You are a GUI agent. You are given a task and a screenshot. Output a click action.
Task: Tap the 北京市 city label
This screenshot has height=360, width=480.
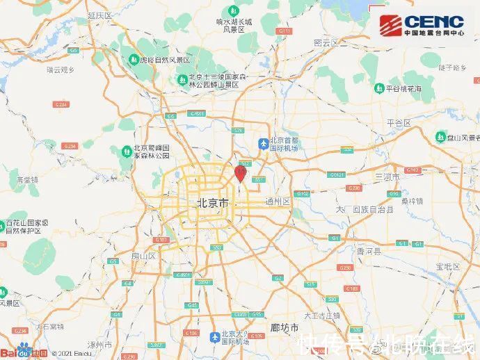pyautogui.click(x=212, y=203)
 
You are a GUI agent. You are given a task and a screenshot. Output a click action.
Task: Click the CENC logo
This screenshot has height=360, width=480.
pyautogui.click(x=424, y=26)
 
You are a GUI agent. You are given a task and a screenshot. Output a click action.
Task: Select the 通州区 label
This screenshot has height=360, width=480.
pyautogui.click(x=277, y=202)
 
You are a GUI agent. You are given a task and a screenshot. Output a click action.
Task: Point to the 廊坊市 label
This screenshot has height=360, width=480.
pyautogui.click(x=285, y=327)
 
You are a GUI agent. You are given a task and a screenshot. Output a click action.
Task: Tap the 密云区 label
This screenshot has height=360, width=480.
pyautogui.click(x=326, y=42)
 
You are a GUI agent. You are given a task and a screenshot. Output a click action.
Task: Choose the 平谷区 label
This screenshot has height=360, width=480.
pyautogui.click(x=399, y=122)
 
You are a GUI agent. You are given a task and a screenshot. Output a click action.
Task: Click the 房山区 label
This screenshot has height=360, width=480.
pyautogui.click(x=144, y=256)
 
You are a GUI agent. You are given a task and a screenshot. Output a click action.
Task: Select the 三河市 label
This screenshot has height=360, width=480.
pyautogui.click(x=387, y=177)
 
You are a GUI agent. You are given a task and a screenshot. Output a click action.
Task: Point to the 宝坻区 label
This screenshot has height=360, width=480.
pyautogui.click(x=446, y=266)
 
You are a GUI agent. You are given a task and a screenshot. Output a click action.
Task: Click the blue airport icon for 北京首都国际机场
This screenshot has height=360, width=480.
pyautogui.click(x=263, y=144)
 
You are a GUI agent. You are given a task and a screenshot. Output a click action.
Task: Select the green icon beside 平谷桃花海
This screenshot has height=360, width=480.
pyautogui.click(x=378, y=88)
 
